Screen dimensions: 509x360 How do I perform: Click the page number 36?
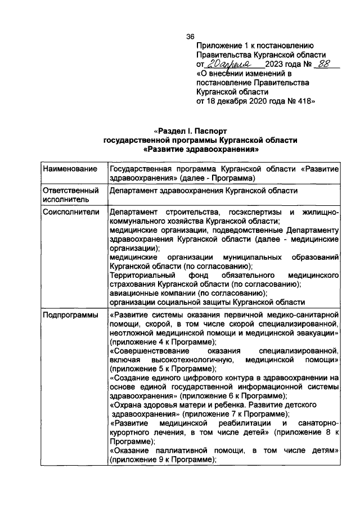pos(191,37)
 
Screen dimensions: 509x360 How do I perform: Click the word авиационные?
pos(133,293)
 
